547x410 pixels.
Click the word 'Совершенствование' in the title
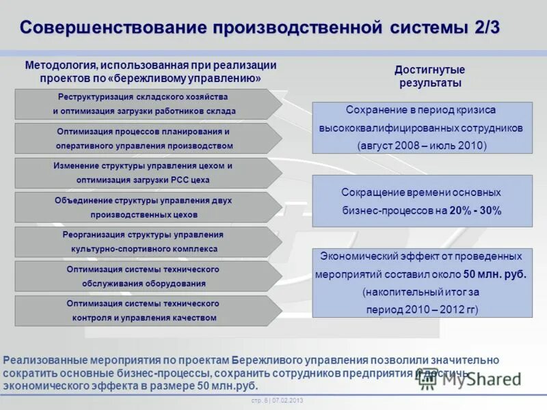tap(113, 28)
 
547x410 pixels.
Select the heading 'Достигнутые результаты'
tap(429, 76)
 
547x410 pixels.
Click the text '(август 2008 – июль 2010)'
tap(422, 146)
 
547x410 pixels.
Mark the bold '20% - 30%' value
tap(476, 211)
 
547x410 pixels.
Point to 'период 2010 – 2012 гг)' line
tap(422, 310)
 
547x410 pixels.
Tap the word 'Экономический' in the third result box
tap(354, 256)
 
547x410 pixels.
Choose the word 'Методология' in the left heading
tap(60, 66)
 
